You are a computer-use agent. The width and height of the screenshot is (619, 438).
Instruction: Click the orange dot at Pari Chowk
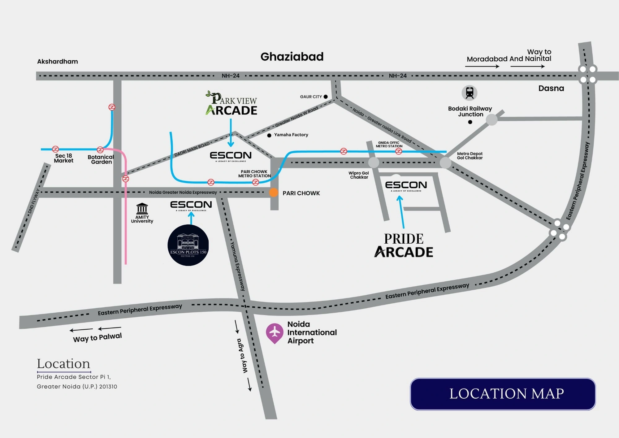(273, 193)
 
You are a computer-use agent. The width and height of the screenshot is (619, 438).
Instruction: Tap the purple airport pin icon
(275, 333)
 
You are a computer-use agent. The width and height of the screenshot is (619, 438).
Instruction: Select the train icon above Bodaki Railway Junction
(470, 93)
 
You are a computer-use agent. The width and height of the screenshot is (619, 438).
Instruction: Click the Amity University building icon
(142, 208)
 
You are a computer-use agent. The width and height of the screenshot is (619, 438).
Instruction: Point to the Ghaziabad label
(292, 57)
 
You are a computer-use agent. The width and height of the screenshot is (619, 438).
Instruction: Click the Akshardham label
(58, 61)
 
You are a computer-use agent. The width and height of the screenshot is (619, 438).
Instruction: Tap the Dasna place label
(551, 88)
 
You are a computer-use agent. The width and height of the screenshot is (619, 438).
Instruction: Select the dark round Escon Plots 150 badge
(188, 245)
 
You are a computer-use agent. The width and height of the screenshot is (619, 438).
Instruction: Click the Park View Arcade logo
(232, 104)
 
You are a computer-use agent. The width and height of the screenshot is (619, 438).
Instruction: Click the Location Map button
(503, 394)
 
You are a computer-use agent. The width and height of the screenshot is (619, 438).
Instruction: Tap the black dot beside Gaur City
(326, 97)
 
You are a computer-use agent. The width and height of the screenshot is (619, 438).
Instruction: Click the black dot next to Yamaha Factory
(269, 135)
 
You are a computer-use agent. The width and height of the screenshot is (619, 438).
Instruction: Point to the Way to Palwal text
(97, 337)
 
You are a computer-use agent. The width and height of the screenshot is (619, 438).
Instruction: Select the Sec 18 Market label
(64, 158)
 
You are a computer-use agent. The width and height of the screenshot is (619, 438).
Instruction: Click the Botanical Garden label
(101, 159)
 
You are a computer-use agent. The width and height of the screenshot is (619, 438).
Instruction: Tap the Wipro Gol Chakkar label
(359, 175)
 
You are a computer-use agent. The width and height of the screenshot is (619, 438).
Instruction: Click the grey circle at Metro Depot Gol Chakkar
(445, 163)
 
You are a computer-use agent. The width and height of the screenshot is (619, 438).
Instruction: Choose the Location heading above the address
(63, 364)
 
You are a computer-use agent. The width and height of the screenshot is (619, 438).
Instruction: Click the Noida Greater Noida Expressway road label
(183, 192)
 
